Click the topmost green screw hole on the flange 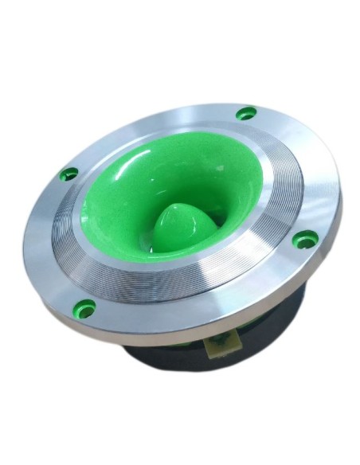click(247, 114)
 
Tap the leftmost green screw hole click(69, 173)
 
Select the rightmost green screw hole click(303, 238)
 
